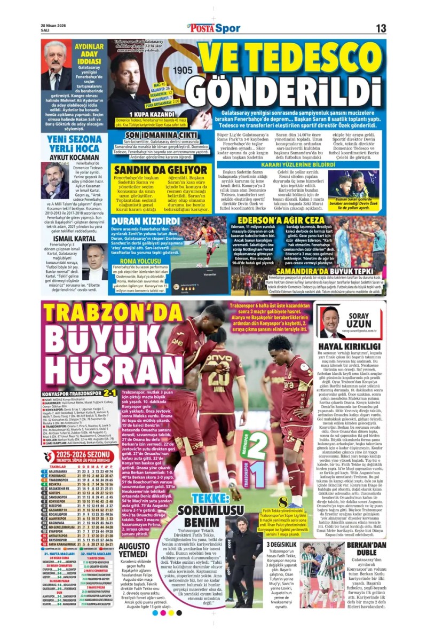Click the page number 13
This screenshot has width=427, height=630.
(381, 28)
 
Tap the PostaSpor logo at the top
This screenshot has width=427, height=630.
(213, 28)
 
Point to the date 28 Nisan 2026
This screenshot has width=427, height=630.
(54, 25)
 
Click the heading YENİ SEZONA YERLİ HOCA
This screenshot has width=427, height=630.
(74, 142)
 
